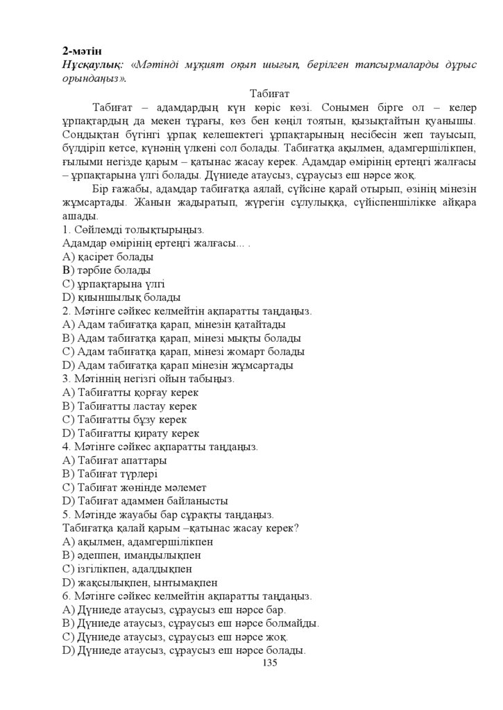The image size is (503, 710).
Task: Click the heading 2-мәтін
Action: click(82, 51)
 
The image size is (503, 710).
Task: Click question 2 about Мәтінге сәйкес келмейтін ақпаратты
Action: click(187, 311)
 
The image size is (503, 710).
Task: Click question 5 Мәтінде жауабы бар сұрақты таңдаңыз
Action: click(168, 514)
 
